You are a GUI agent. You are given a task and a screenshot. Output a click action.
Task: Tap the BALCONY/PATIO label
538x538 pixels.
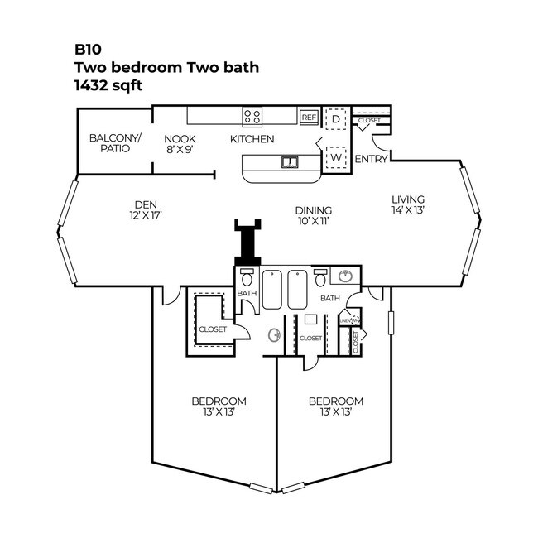115,143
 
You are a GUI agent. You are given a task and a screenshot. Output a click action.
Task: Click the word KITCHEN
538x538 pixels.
252,139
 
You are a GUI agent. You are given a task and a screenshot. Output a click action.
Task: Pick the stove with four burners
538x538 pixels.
252,117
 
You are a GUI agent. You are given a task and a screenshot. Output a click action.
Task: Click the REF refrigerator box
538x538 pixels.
309,118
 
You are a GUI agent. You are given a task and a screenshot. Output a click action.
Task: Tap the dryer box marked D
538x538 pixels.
336,119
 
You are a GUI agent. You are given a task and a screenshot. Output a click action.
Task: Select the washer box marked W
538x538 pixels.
337,156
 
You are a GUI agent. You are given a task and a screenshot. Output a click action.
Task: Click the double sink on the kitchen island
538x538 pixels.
290,161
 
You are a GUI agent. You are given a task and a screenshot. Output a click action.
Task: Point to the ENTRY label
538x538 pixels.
371,159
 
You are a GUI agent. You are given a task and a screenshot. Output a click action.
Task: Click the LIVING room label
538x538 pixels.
408,199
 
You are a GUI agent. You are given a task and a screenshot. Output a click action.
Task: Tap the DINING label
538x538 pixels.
314,210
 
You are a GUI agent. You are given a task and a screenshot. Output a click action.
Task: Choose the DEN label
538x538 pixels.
146,204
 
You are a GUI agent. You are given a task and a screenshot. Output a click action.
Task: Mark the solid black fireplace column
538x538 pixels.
247,243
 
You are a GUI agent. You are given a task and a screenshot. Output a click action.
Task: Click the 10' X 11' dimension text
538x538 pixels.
314,221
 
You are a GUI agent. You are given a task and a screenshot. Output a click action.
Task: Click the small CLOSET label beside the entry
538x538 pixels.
369,121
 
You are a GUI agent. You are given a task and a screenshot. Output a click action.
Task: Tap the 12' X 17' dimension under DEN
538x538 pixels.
146,215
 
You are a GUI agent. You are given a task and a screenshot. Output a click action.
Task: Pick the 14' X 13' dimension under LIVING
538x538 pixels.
408,210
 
